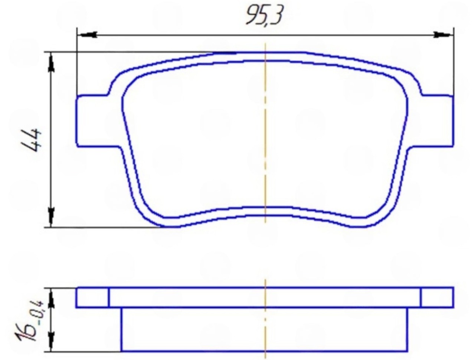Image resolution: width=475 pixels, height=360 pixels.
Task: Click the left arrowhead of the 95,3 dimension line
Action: (87, 35)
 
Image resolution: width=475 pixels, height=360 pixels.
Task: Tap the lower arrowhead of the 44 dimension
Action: (52, 217)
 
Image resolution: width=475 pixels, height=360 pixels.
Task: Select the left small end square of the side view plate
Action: (92, 297)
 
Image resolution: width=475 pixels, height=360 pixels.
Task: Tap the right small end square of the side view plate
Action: (437, 297)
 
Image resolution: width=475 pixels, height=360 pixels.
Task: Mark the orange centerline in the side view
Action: (265, 319)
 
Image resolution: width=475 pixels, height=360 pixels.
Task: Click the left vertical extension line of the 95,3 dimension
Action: (76, 63)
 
